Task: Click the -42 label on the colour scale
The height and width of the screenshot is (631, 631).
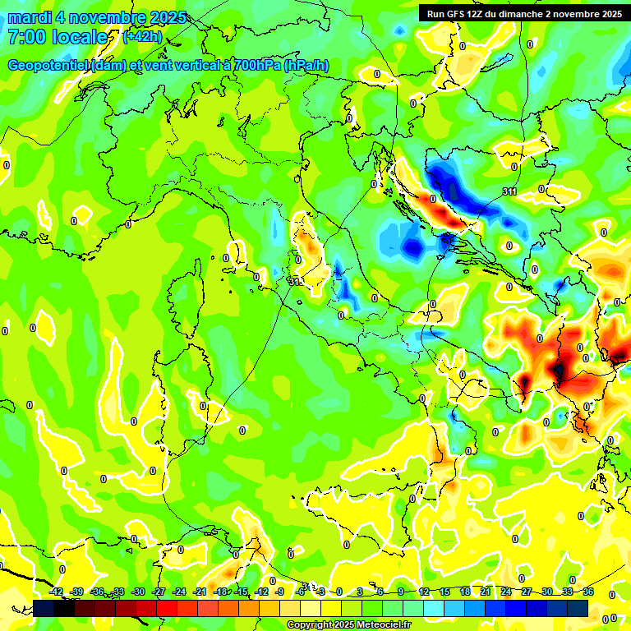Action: (57, 592)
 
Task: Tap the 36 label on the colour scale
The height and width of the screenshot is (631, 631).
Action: (588, 592)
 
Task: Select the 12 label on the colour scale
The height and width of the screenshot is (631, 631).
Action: (424, 592)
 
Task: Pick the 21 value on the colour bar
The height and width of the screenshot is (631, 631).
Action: (486, 592)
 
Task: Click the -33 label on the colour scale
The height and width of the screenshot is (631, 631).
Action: (118, 592)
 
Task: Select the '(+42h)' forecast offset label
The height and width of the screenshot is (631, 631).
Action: (142, 36)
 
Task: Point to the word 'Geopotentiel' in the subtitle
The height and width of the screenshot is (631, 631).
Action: (48, 66)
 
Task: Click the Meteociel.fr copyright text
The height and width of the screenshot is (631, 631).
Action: (349, 625)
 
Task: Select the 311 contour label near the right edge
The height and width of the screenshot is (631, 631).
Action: (510, 191)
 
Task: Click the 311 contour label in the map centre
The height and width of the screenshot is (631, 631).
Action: (295, 282)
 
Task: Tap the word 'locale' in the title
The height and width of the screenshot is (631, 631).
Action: (81, 37)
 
